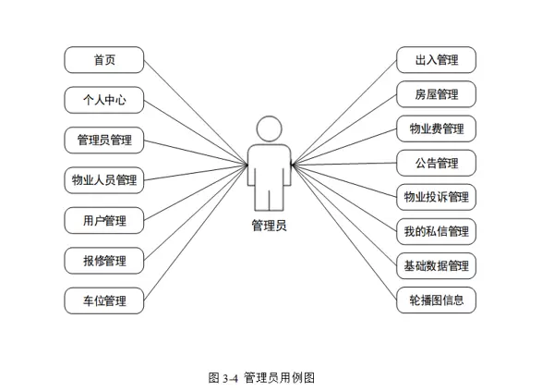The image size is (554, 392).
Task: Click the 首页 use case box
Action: (103, 61)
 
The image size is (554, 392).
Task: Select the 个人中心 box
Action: (103, 101)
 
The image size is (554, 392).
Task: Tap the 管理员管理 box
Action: (103, 141)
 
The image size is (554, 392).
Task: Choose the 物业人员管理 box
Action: (103, 180)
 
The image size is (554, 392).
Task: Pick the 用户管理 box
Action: (103, 221)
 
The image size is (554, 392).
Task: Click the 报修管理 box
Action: (103, 261)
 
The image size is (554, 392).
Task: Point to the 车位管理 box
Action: (103, 300)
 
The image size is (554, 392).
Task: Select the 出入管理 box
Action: (436, 61)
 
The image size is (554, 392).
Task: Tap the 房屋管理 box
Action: (436, 94)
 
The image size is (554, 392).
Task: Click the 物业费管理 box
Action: (436, 129)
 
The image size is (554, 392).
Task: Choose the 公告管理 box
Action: (436, 163)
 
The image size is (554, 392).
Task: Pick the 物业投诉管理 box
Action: (436, 197)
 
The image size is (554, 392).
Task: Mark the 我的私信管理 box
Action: (436, 231)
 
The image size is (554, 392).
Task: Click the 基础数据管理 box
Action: (436, 266)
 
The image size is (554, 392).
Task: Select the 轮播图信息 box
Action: (436, 300)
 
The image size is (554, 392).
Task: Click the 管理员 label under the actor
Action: (269, 225)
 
